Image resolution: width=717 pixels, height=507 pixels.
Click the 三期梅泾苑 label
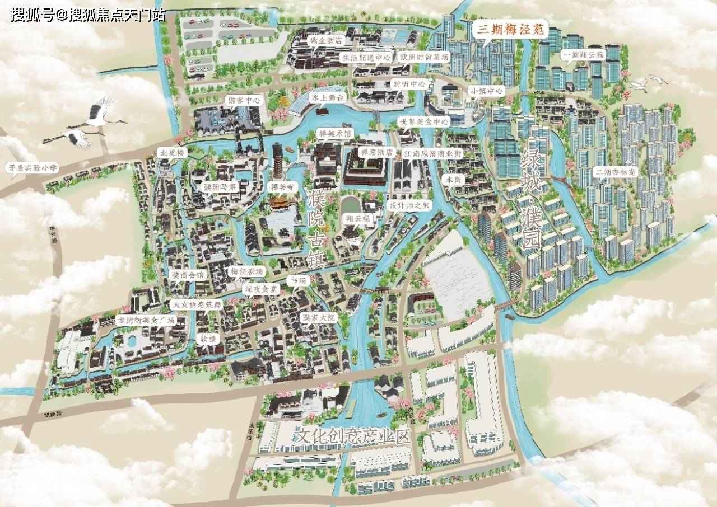(510, 30)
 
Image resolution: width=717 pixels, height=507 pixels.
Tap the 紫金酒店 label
(328, 41)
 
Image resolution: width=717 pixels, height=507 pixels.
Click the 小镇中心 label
(487, 91)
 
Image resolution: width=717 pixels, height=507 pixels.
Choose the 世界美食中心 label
(423, 121)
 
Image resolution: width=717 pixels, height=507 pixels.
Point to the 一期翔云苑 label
(584, 55)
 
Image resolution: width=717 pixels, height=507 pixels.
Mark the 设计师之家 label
(409, 205)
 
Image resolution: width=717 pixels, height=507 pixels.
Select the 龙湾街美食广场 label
(145, 320)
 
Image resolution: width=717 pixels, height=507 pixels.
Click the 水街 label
(453, 180)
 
